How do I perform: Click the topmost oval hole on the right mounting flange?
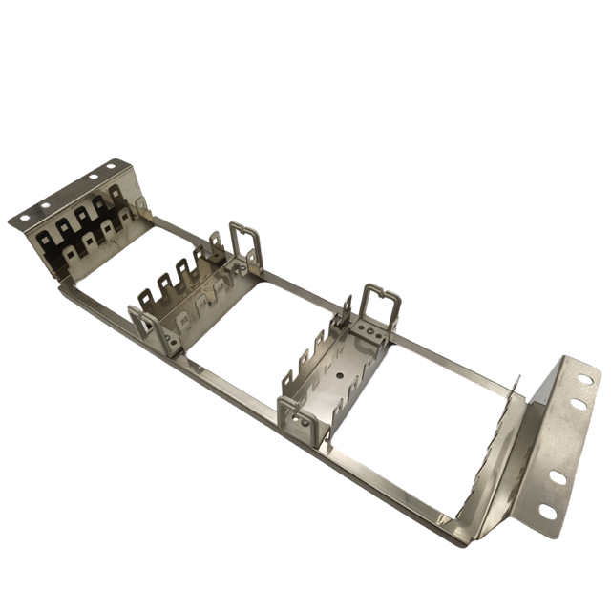(582, 380)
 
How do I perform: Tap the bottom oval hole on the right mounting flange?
(546, 513)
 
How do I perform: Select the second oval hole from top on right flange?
(575, 404)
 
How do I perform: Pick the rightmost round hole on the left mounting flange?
(111, 166)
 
